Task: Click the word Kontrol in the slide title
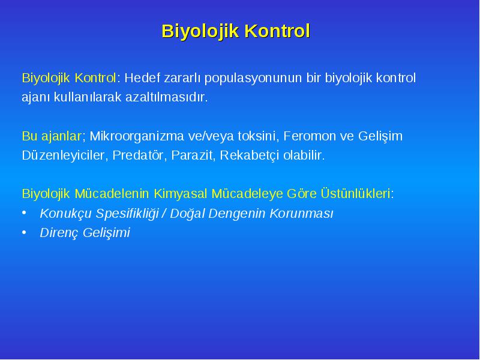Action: pyautogui.click(x=277, y=31)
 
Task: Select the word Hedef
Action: pyautogui.click(x=142, y=78)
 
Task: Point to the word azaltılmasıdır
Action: pyautogui.click(x=167, y=97)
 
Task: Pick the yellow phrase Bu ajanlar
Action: pyautogui.click(x=52, y=136)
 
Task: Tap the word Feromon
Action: pyautogui.click(x=310, y=136)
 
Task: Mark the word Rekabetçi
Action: pyautogui.click(x=250, y=155)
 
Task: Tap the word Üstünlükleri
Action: pyautogui.click(x=355, y=193)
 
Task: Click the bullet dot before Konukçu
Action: pyautogui.click(x=24, y=213)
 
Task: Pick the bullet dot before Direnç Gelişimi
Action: pyautogui.click(x=24, y=232)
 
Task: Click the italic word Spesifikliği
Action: pyautogui.click(x=127, y=214)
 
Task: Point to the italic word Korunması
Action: pyautogui.click(x=301, y=214)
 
